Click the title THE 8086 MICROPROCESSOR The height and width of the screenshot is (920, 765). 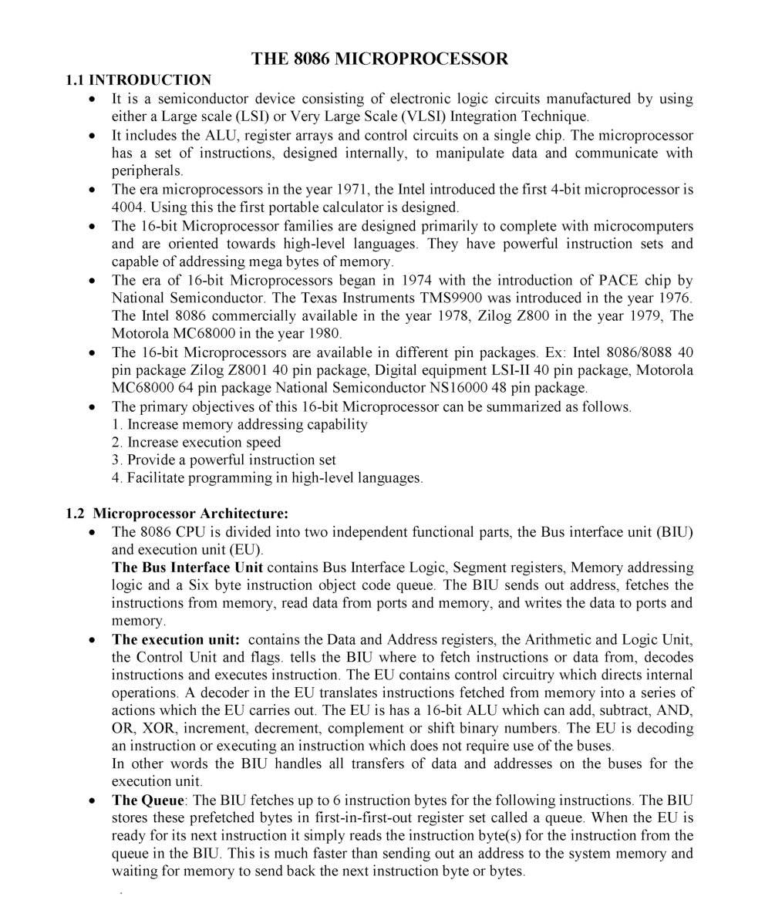coord(380,59)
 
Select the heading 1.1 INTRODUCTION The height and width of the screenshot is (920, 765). coord(138,79)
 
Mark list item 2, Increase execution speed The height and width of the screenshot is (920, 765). coord(196,442)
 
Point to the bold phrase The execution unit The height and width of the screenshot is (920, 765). coord(176,639)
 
